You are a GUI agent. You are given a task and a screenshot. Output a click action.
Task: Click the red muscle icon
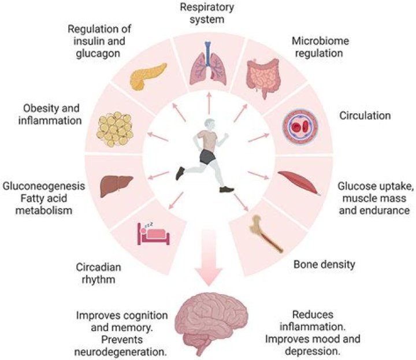[299, 181]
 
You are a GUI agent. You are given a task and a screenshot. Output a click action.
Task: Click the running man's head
[209, 124]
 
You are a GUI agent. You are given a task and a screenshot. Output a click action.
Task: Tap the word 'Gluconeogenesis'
[44, 187]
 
